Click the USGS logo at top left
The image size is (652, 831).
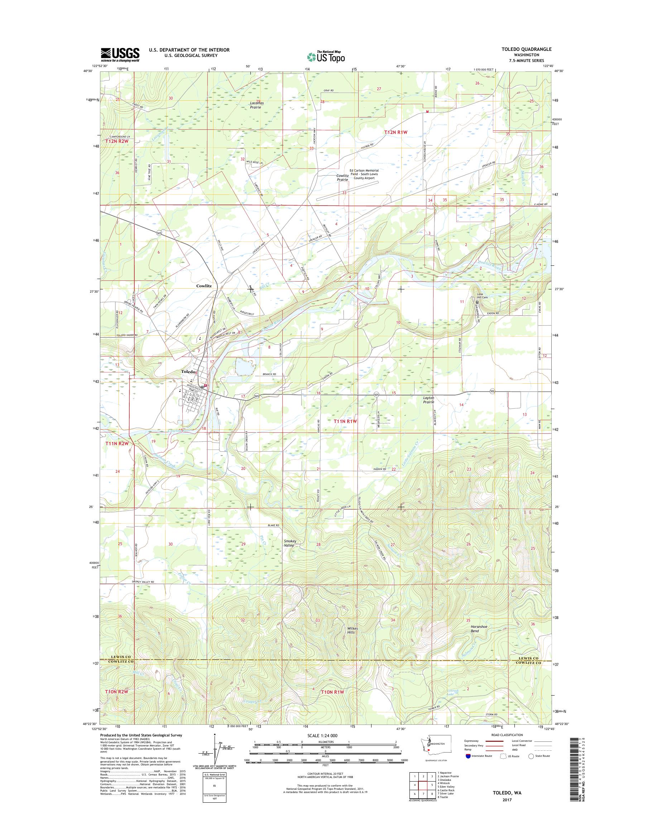pyautogui.click(x=120, y=55)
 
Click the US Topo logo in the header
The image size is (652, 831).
pyautogui.click(x=326, y=57)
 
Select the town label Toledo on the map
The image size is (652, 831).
pyautogui.click(x=188, y=371)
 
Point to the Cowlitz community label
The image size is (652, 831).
pyautogui.click(x=204, y=285)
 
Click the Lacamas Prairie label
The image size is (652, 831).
pyautogui.click(x=255, y=105)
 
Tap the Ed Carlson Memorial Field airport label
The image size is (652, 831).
pyautogui.click(x=364, y=174)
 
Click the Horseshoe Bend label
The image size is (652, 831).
pyautogui.click(x=480, y=629)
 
